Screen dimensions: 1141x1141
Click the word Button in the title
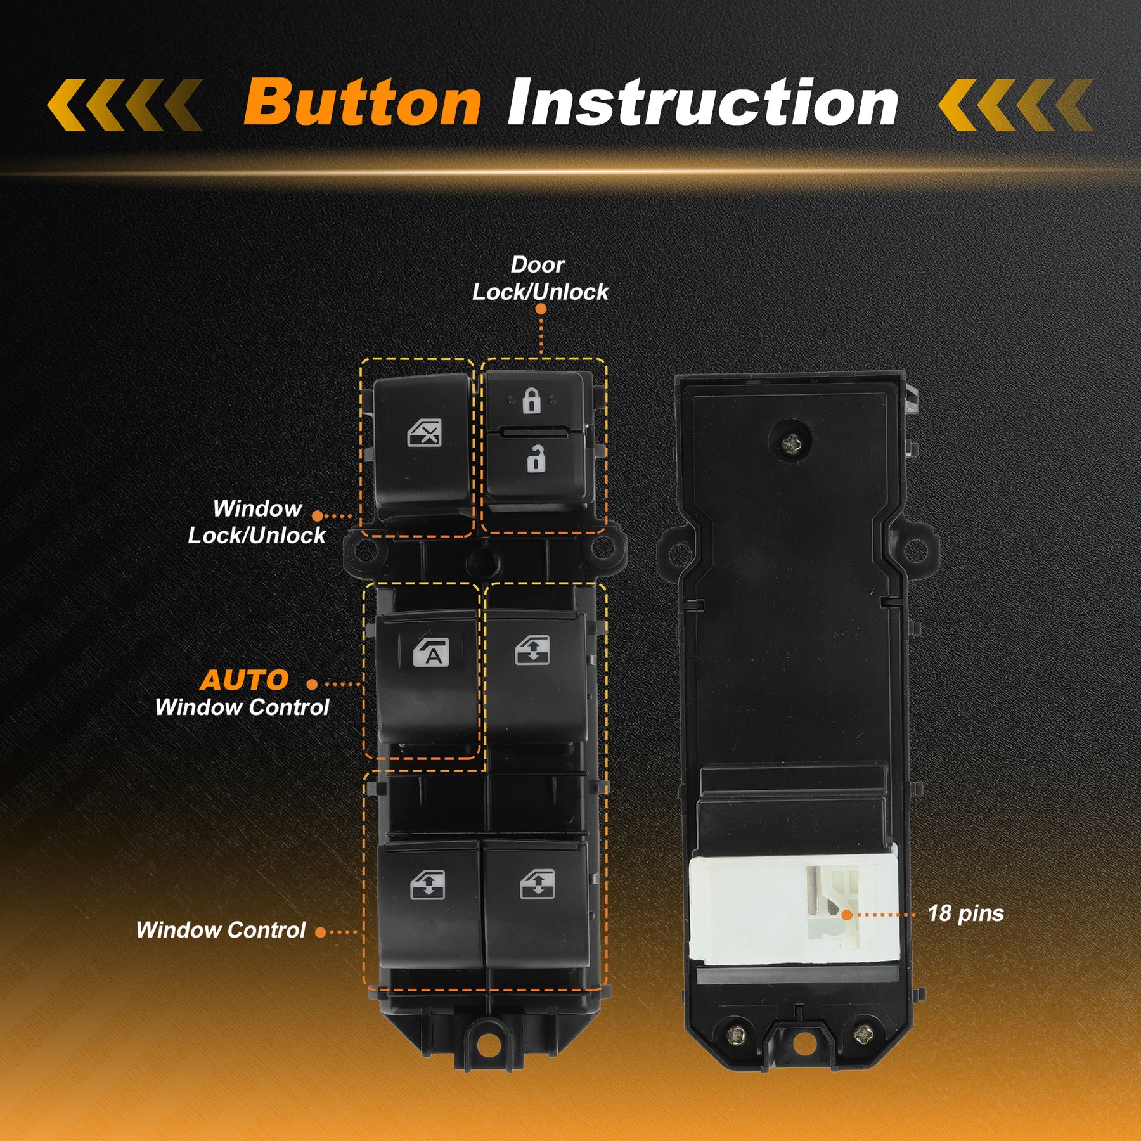[362, 102]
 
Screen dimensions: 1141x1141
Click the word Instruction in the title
[702, 102]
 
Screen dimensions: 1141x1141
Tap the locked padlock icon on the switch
[531, 401]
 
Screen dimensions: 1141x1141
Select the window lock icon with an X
[424, 434]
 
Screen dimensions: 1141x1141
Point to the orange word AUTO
[244, 680]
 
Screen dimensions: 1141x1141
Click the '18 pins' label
[965, 913]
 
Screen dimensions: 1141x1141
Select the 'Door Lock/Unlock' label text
[540, 278]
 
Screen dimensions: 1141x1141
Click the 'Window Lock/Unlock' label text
[257, 522]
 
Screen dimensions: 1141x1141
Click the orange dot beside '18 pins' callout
[846, 915]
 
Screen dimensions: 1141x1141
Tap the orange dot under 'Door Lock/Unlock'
[541, 309]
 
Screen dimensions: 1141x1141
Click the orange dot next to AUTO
[312, 684]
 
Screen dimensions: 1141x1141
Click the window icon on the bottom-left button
[427, 886]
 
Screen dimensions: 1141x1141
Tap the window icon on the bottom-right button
[537, 884]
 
